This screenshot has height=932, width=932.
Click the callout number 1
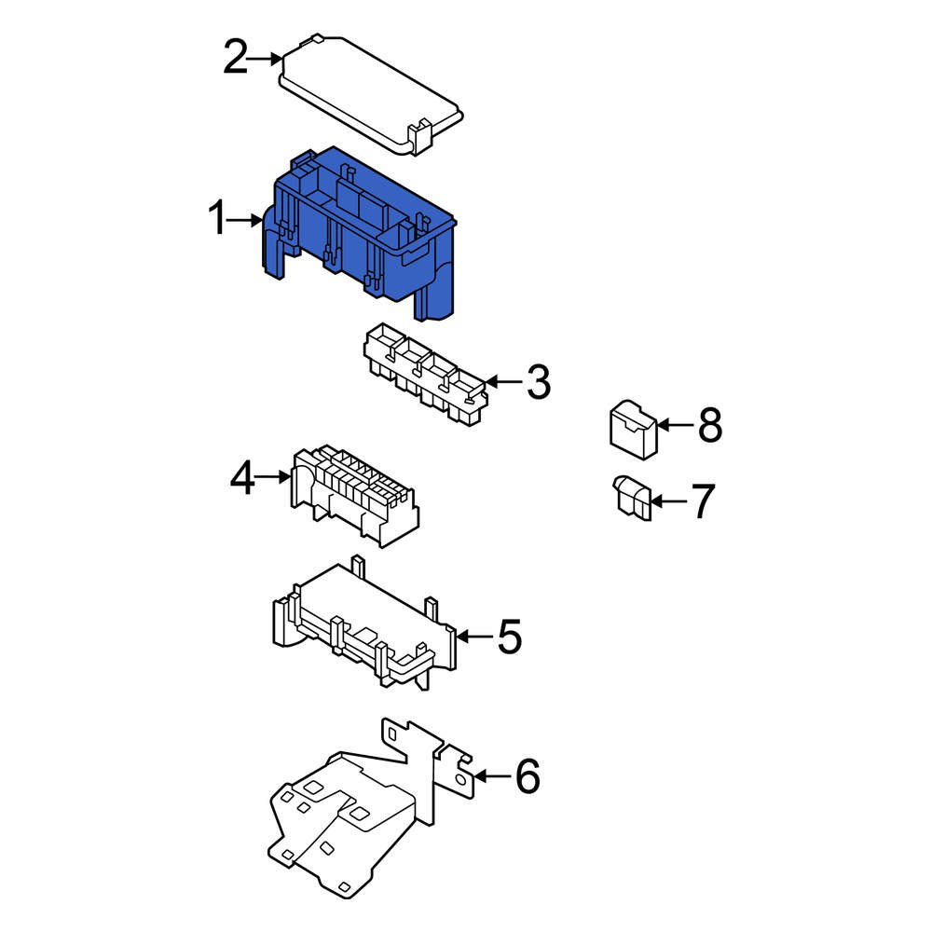tap(216, 221)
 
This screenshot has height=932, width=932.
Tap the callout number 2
tap(235, 59)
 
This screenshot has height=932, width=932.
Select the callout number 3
tap(538, 382)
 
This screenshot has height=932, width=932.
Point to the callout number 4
tap(242, 478)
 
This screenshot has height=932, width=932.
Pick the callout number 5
tap(509, 637)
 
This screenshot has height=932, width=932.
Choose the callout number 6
tap(527, 776)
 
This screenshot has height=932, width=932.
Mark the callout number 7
tap(702, 501)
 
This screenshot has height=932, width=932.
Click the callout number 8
tap(709, 426)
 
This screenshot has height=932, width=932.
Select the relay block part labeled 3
tap(424, 377)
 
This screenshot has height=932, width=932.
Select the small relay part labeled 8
tap(633, 431)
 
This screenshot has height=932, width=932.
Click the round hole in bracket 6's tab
tap(460, 775)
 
